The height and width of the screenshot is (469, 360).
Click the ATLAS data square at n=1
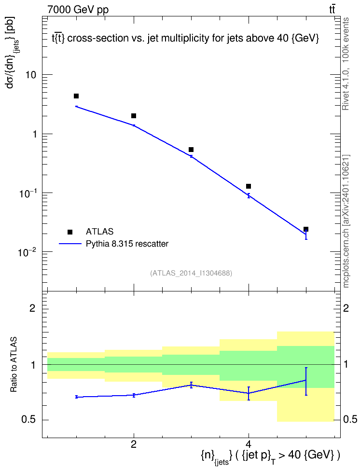[76, 96]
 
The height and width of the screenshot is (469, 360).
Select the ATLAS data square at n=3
[191, 150]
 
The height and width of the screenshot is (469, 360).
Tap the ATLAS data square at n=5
[306, 229]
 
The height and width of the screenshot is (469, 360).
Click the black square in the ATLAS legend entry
[70, 232]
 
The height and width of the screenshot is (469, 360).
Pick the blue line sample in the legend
[70, 244]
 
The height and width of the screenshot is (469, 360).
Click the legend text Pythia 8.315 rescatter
[127, 244]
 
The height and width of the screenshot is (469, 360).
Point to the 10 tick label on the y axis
[31, 75]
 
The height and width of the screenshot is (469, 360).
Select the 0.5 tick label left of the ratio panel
[28, 420]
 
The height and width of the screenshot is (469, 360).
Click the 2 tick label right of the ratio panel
[346, 308]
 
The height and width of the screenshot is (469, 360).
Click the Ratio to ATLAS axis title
[14, 365]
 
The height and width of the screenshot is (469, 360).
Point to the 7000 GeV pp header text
[78, 10]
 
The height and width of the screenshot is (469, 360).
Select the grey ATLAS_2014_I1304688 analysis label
[191, 273]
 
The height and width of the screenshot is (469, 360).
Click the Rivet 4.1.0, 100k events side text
[346, 64]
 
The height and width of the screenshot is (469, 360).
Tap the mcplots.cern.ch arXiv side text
[346, 221]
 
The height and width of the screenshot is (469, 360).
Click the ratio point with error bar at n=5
[306, 381]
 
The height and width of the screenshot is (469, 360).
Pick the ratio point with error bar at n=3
[191, 385]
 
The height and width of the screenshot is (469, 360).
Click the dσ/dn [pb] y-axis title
[12, 52]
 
